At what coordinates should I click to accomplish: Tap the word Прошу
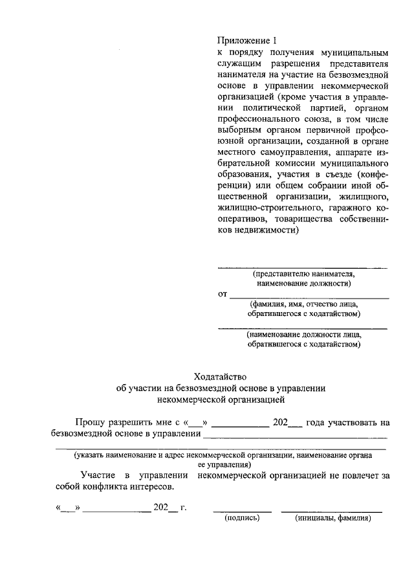[92, 422]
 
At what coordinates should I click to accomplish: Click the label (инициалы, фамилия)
[332, 518]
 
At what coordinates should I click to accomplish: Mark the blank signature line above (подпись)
[242, 512]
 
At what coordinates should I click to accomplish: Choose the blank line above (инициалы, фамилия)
[331, 512]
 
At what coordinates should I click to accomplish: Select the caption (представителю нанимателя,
[303, 274]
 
